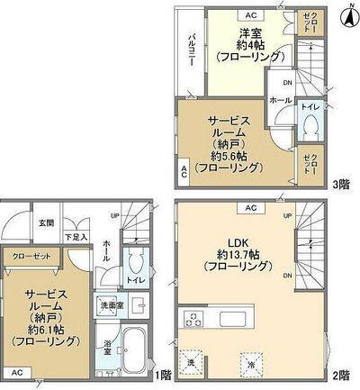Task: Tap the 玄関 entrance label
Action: click(x=46, y=222)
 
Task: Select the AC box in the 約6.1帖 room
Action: click(x=15, y=371)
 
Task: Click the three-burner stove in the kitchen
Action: click(x=193, y=318)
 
